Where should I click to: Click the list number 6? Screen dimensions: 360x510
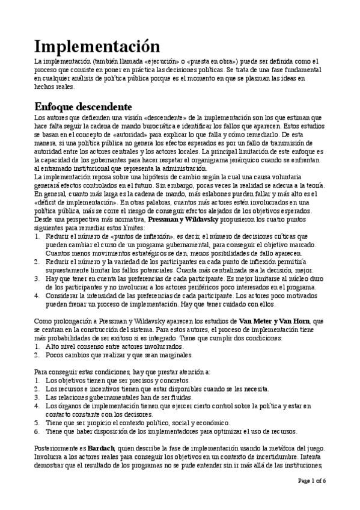click(x=38, y=431)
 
